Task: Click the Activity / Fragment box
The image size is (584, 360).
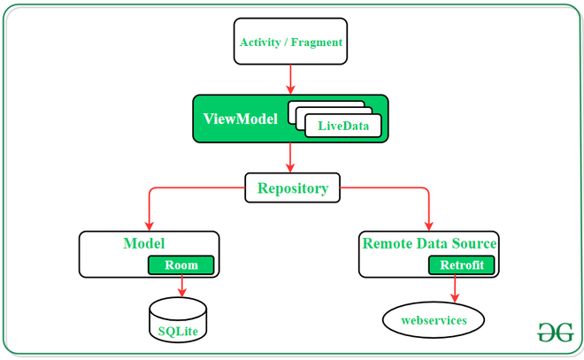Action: point(290,42)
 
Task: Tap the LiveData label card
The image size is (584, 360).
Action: point(349,126)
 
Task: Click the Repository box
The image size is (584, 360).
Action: point(292,188)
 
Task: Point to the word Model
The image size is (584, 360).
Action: point(144,242)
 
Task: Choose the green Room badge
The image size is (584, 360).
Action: point(181,264)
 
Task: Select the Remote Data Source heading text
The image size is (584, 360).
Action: point(429,242)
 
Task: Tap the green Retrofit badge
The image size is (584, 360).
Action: point(456,264)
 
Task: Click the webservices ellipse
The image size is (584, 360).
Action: point(434,319)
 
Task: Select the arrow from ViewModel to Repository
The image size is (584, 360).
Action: point(290,157)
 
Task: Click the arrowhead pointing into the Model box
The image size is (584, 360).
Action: point(149,225)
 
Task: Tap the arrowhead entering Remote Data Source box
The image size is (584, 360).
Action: point(429,225)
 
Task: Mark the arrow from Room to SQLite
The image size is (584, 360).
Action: point(181,286)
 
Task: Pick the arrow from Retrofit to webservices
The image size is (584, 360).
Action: point(456,288)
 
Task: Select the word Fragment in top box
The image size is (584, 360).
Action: point(317,42)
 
